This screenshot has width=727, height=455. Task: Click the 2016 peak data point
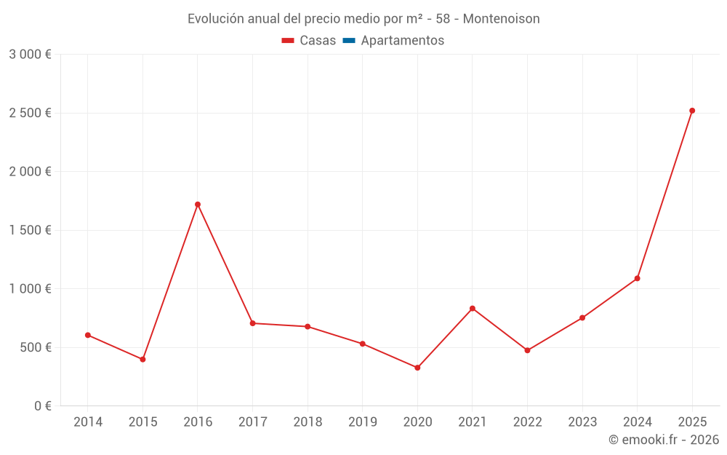(x=198, y=205)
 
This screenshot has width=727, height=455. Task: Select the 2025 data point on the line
(x=692, y=111)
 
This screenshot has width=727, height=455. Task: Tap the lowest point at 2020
(x=417, y=368)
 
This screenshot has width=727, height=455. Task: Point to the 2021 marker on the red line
(x=473, y=309)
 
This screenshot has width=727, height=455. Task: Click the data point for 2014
(x=88, y=335)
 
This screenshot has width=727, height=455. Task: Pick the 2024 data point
(x=638, y=278)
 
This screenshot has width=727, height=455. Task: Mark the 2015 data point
(x=142, y=360)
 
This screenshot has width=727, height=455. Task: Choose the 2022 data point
(x=527, y=350)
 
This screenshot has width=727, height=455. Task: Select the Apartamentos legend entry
(x=402, y=41)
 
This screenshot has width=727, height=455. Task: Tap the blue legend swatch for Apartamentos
(x=348, y=41)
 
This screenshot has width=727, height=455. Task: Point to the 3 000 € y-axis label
(x=30, y=55)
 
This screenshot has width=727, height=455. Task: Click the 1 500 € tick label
(x=30, y=230)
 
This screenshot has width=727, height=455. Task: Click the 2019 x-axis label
(x=362, y=422)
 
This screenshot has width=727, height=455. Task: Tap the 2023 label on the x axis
(x=582, y=422)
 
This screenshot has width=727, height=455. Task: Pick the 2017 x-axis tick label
(x=252, y=422)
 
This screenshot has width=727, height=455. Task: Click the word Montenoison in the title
(x=501, y=19)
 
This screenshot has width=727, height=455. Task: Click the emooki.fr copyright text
(x=664, y=440)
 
